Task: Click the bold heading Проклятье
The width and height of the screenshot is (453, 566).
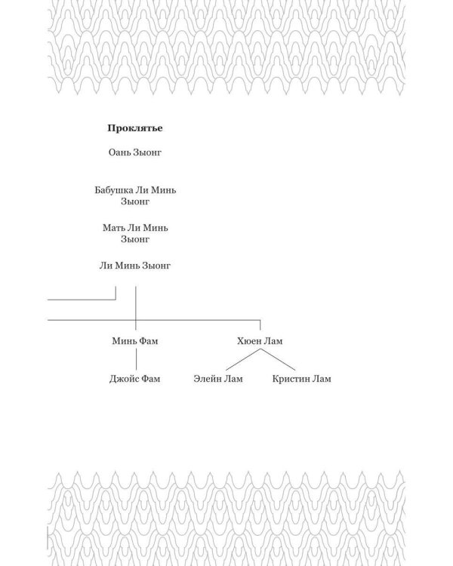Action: click(135, 128)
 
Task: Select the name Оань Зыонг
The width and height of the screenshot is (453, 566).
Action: click(135, 152)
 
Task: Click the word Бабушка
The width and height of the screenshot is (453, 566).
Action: click(114, 190)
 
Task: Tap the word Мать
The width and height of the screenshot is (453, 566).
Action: click(113, 228)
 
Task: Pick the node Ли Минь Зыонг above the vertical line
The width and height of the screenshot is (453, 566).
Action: click(135, 266)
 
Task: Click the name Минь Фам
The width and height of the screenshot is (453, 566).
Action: click(135, 341)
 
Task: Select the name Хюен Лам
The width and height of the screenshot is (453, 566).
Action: click(260, 341)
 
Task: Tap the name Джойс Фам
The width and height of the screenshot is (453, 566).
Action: click(134, 379)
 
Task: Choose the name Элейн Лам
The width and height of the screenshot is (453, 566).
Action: click(218, 379)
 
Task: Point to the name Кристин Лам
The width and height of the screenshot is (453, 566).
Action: click(302, 379)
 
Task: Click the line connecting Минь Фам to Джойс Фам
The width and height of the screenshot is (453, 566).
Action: click(136, 359)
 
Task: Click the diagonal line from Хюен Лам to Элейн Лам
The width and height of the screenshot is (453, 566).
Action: click(243, 359)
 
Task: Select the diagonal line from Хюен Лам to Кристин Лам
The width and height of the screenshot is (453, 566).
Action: click(278, 359)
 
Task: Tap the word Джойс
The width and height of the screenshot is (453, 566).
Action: click(124, 379)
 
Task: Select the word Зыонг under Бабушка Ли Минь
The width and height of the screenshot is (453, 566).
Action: click(135, 201)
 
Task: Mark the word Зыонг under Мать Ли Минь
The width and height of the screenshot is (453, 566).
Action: click(135, 239)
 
